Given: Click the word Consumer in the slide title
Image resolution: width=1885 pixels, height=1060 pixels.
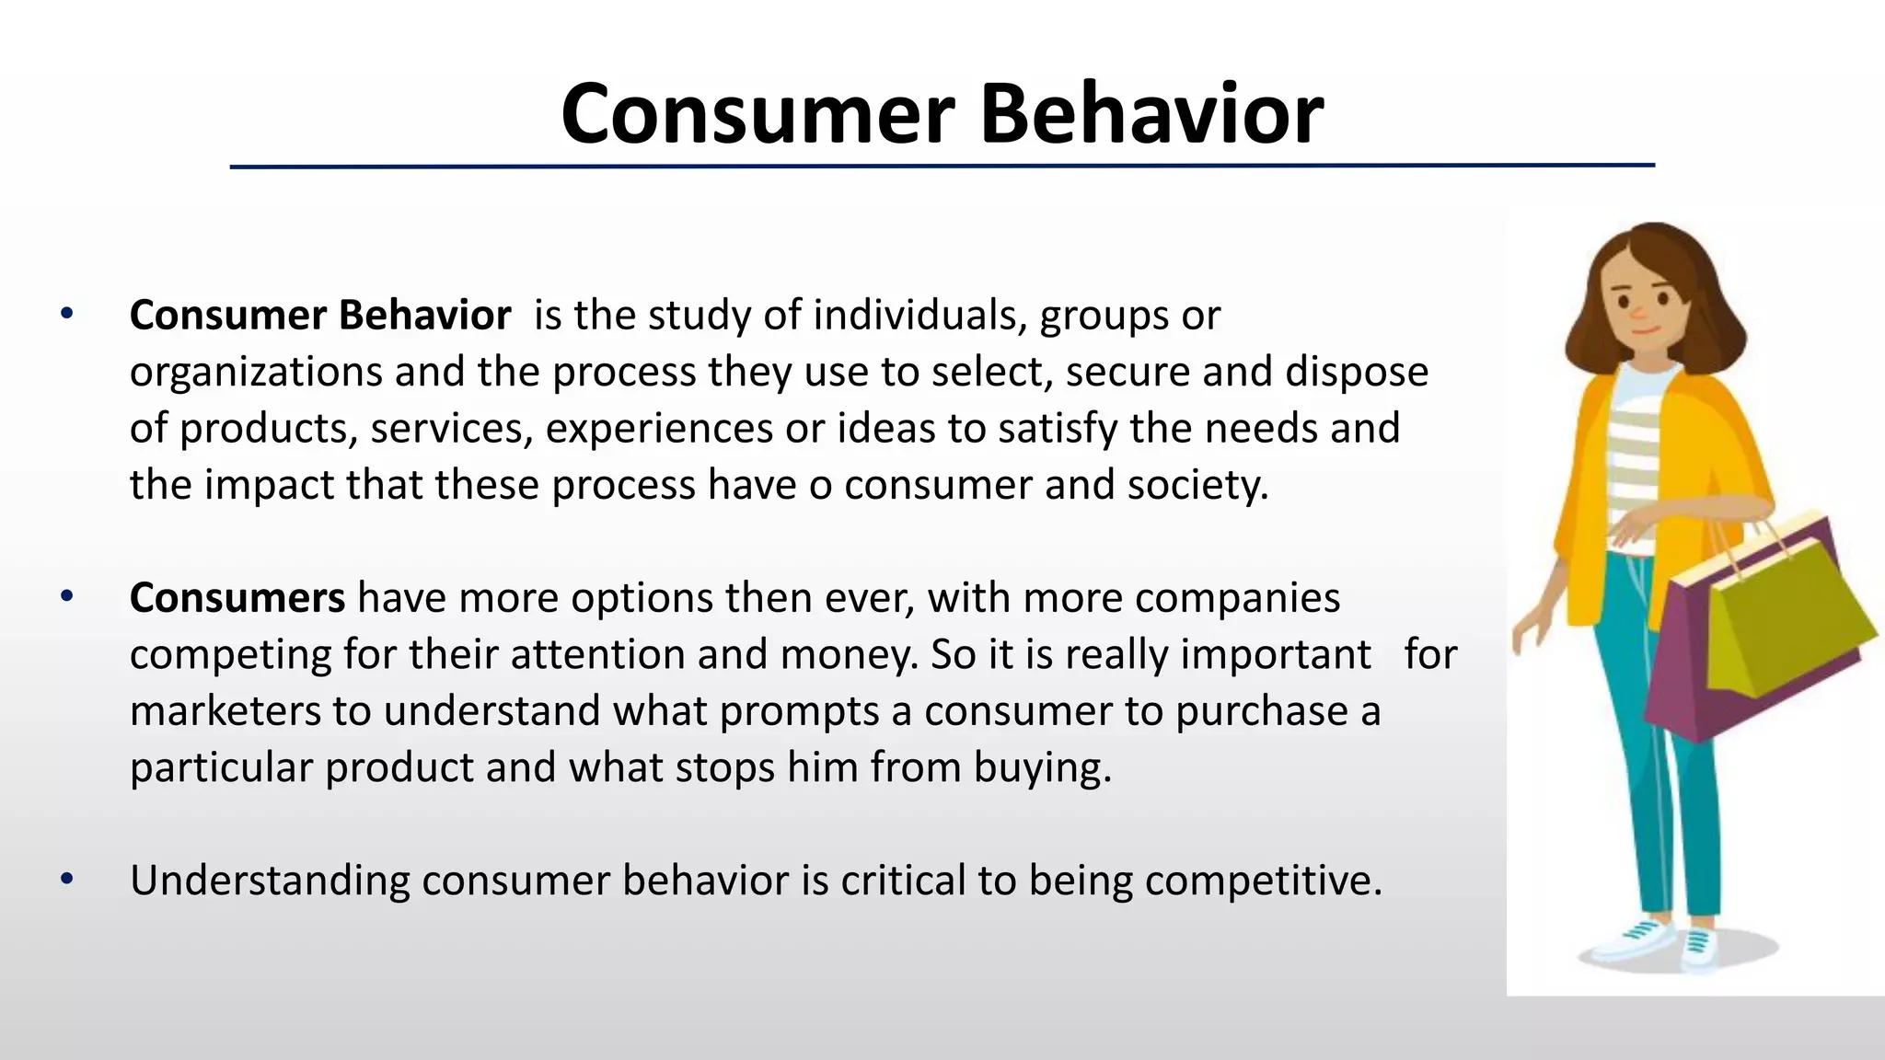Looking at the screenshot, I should [757, 114].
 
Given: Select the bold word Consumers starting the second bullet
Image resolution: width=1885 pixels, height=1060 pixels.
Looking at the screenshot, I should [237, 598].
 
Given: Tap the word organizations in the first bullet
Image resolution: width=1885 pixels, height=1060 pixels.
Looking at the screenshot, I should [256, 373].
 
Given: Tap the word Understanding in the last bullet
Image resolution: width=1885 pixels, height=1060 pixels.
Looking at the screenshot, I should [270, 881].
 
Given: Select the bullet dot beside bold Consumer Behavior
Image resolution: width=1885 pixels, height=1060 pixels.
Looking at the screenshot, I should [66, 315].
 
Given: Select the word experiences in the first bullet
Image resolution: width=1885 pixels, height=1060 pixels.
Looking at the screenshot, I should [659, 429].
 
